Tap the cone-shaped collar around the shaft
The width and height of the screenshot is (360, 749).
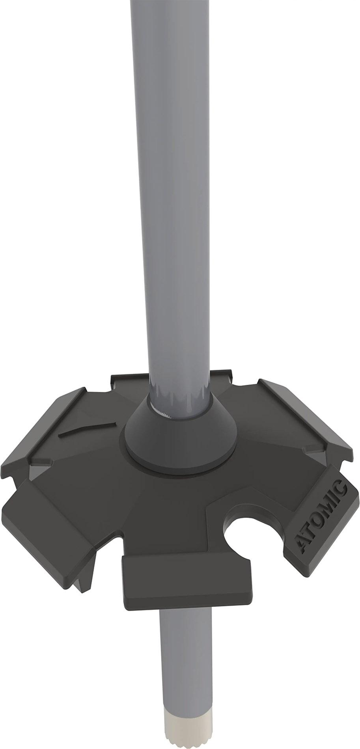tap(179, 434)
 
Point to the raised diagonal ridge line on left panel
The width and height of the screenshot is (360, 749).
tap(87, 430)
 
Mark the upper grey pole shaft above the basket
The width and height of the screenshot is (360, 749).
tap(179, 197)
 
